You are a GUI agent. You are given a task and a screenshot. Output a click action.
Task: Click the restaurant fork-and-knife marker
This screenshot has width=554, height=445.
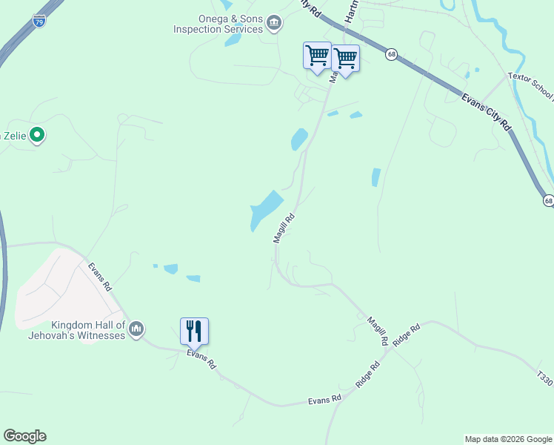tap(194, 331)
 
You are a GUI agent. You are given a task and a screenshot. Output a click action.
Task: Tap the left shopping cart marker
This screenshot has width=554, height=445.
tap(317, 56)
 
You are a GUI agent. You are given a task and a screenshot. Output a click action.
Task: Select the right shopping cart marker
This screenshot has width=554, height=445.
tap(345, 58)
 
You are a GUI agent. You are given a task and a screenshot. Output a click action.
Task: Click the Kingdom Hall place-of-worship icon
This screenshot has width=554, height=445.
tap(136, 329)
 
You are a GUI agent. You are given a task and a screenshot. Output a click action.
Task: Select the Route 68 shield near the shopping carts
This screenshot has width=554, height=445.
tap(391, 53)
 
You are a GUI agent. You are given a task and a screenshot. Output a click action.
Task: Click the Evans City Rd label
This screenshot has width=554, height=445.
tap(486, 112)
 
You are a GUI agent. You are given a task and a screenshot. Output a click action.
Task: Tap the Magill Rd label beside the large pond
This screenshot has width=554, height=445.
tap(284, 228)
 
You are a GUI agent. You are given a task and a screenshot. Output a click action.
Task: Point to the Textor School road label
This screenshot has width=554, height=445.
tap(530, 86)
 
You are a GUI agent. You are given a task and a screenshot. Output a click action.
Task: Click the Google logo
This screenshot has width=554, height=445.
tap(24, 436)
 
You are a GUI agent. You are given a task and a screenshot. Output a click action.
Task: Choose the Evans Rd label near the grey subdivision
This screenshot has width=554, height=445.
tap(100, 275)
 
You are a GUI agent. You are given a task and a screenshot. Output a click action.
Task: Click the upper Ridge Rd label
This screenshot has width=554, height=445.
tap(407, 335)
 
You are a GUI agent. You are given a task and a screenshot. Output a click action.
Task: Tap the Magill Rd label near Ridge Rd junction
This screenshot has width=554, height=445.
tap(377, 331)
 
